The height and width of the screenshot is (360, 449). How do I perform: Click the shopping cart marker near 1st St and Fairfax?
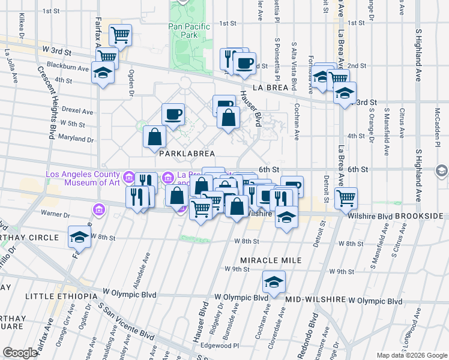(121, 35)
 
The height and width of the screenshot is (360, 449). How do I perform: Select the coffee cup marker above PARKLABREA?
(173, 113)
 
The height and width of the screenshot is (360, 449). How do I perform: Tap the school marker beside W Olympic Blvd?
(274, 281)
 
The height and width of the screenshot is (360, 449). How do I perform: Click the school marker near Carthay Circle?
(79, 236)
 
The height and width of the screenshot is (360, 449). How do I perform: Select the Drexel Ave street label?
(80, 111)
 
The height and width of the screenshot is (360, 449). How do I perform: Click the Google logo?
(20, 353)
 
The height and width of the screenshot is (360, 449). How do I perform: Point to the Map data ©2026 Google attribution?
(412, 355)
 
